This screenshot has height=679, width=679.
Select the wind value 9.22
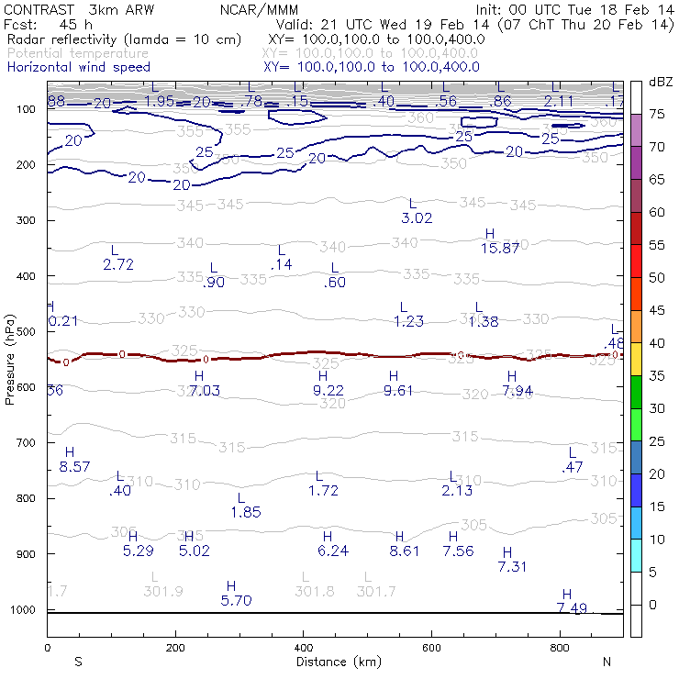click(328, 390)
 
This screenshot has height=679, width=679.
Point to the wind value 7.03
click(205, 391)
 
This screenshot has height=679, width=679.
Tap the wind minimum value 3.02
click(417, 217)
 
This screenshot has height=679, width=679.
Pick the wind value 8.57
click(74, 466)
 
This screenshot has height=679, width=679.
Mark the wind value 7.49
click(572, 607)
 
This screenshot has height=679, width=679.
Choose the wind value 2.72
click(119, 263)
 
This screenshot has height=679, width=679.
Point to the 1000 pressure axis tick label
click(24, 610)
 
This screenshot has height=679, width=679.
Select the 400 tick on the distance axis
click(304, 648)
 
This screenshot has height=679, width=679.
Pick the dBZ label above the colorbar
click(660, 82)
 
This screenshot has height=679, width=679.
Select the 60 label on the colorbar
click(657, 212)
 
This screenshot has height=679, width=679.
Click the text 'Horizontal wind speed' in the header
click(78, 67)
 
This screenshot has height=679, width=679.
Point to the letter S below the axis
click(78, 661)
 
